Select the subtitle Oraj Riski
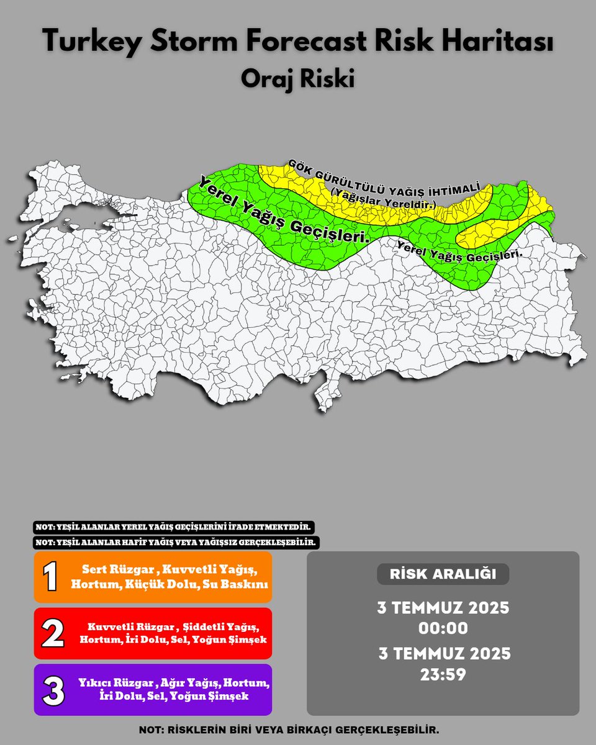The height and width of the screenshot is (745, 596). coord(297,79)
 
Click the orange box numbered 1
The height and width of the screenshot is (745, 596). coord(153,577)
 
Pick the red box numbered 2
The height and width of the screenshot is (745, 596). coord(153,633)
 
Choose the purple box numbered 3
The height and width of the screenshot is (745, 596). coord(153,689)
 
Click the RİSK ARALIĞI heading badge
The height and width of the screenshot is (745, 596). coord(443,574)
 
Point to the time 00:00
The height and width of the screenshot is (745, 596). coord(443,628)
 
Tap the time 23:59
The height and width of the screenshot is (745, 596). coord(443,674)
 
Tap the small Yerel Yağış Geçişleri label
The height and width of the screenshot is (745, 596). coord(459,250)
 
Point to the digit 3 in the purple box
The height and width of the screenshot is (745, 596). coord(53,690)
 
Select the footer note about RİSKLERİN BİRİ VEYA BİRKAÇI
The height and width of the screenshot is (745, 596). coord(297,730)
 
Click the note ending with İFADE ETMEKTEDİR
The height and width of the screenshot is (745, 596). coord(173,527)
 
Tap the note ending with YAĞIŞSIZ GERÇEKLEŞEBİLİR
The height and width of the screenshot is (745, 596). coord(176,542)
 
